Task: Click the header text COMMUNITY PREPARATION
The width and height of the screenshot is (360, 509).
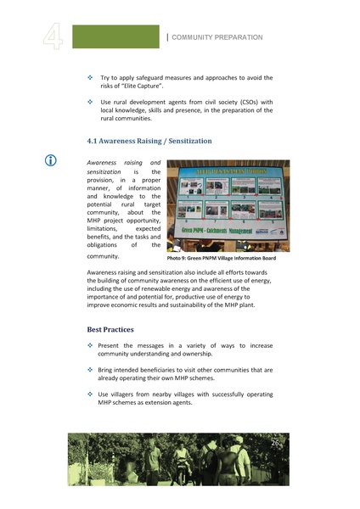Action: (x=218, y=37)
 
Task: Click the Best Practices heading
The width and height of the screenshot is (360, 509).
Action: (x=110, y=329)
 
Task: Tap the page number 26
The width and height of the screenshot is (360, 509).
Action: (x=275, y=443)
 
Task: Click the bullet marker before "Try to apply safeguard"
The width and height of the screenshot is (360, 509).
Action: (x=91, y=78)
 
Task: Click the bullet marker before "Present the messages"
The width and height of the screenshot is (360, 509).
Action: (x=91, y=346)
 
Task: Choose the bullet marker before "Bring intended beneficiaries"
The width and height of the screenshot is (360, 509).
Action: (x=91, y=371)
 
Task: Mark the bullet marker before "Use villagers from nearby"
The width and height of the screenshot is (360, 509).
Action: (x=91, y=394)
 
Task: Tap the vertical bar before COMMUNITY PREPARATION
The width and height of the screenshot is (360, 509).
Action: (x=168, y=36)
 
